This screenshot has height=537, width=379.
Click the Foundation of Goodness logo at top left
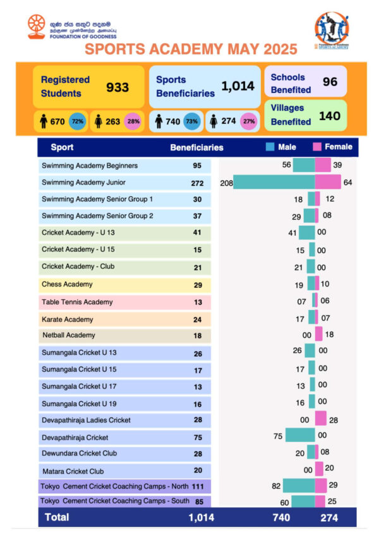[x=37, y=27]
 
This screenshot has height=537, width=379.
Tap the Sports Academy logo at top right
[x=332, y=30]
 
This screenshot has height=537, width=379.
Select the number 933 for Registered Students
[x=117, y=87]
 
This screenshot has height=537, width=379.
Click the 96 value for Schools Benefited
[x=330, y=82]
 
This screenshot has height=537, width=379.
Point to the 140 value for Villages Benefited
[x=329, y=116]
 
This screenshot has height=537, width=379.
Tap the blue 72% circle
[x=77, y=121]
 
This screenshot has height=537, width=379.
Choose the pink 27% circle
[x=248, y=121]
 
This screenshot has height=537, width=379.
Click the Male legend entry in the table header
[x=281, y=147]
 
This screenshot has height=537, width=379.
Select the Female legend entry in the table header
[x=333, y=147]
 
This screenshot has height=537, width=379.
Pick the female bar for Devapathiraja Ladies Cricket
[x=320, y=418]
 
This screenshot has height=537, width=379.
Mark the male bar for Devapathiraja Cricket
[x=300, y=435]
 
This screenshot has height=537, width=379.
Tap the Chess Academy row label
[x=67, y=285]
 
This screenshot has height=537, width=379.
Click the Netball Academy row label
[x=69, y=335]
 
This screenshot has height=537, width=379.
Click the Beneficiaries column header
[x=196, y=147]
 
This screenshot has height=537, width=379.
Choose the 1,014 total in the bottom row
[x=202, y=517]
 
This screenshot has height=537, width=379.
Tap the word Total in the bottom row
[x=57, y=517]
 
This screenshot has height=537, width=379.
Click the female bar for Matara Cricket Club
[x=319, y=469]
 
